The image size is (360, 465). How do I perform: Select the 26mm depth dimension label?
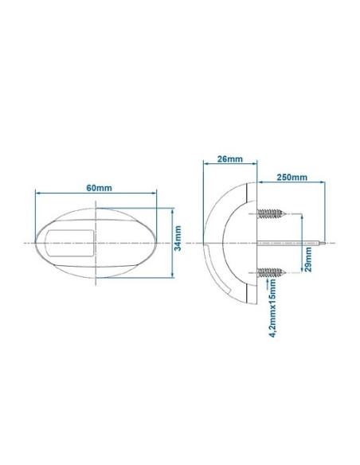click(x=229, y=159)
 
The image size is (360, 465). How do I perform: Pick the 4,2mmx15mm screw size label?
click(x=273, y=313)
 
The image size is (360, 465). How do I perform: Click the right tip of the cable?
click(x=327, y=241)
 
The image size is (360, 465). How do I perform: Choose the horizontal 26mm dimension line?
click(x=231, y=166)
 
